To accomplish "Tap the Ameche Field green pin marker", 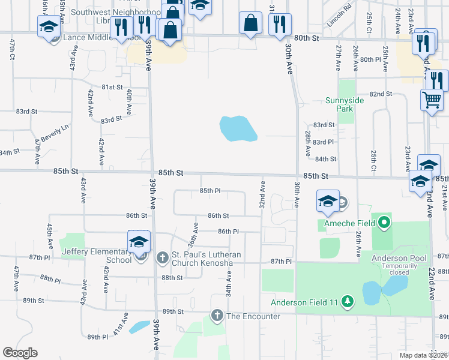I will click(385, 224).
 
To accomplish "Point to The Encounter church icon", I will click(217, 316).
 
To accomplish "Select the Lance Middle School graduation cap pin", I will click(49, 26).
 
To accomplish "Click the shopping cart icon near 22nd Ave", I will click(432, 100).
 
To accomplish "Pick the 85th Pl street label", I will click(210, 191).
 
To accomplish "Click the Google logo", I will click(20, 353).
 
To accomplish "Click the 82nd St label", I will click(381, 94).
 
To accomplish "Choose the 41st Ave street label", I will click(124, 323).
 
